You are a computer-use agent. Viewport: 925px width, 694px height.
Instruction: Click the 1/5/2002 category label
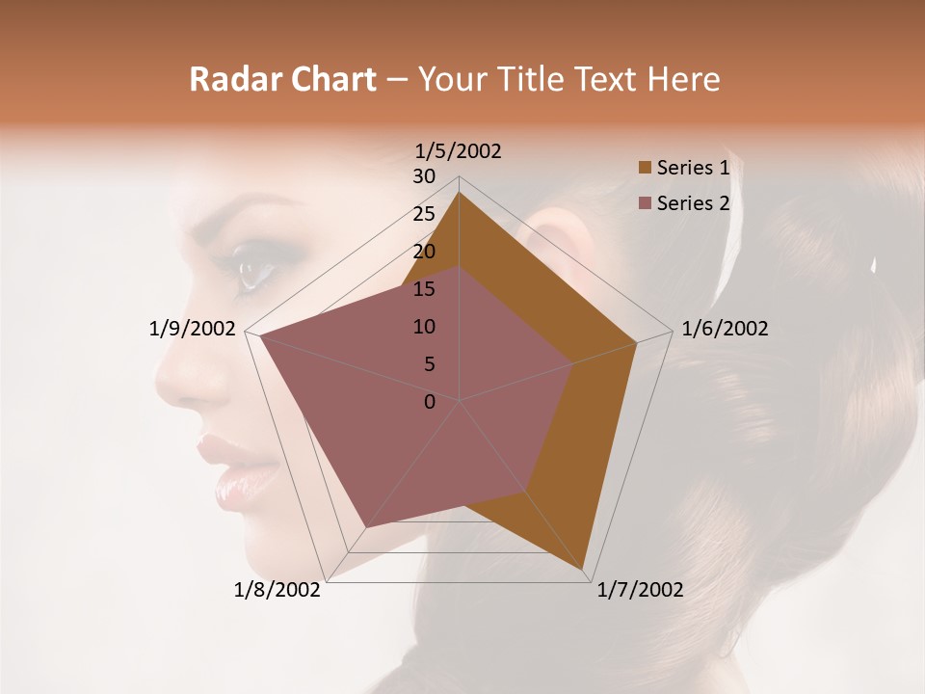click(x=458, y=151)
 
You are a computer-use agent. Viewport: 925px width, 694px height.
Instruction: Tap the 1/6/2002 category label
click(x=725, y=329)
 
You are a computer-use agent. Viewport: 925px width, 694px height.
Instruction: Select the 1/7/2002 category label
click(x=640, y=590)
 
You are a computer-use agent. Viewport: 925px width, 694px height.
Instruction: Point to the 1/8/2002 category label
click(x=277, y=590)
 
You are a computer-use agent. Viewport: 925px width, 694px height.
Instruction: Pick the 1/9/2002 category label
click(x=192, y=329)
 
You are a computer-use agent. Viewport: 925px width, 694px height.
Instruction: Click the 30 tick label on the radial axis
click(x=424, y=176)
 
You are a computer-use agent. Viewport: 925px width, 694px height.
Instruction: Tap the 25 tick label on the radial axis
click(x=424, y=214)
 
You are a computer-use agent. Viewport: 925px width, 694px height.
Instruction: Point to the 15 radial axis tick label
click(x=424, y=289)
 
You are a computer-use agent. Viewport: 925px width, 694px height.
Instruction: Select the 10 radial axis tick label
click(x=424, y=327)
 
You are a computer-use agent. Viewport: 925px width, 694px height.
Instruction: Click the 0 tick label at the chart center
click(x=430, y=402)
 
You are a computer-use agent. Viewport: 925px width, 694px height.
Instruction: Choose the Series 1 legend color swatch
click(x=646, y=169)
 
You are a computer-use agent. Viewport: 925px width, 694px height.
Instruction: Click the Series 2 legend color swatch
click(x=646, y=203)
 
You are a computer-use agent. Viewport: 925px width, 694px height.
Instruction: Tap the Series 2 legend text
click(x=693, y=203)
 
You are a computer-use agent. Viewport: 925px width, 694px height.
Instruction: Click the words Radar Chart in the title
click(x=282, y=80)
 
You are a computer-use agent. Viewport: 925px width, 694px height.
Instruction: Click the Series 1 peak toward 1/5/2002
click(x=460, y=192)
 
